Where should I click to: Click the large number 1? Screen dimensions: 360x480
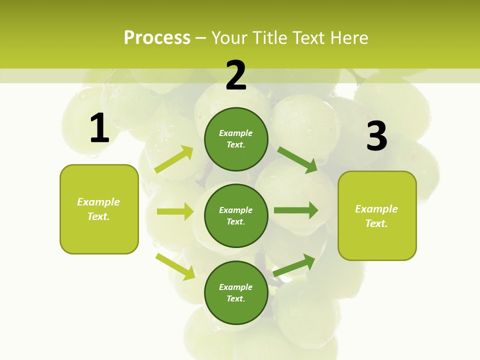[99, 128]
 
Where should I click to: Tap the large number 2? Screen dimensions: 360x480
[236, 75]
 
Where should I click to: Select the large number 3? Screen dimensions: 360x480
[376, 136]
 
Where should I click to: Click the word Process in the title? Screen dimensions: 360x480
[157, 37]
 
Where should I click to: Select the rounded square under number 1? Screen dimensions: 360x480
[99, 209]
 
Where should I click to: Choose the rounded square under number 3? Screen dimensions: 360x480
[377, 215]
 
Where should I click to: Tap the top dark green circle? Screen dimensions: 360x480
[236, 139]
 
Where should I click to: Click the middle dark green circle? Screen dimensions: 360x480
[236, 215]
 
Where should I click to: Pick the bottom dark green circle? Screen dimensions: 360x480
[236, 292]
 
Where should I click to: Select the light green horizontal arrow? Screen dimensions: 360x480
[175, 211]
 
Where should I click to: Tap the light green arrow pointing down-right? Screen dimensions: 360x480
[175, 266]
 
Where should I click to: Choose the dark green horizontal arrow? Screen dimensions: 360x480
[296, 210]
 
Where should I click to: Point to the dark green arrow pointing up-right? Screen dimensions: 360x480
[294, 265]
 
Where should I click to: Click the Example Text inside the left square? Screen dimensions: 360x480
[98, 209]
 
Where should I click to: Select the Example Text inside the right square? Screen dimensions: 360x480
[376, 216]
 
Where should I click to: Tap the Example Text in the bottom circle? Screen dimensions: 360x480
[236, 293]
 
